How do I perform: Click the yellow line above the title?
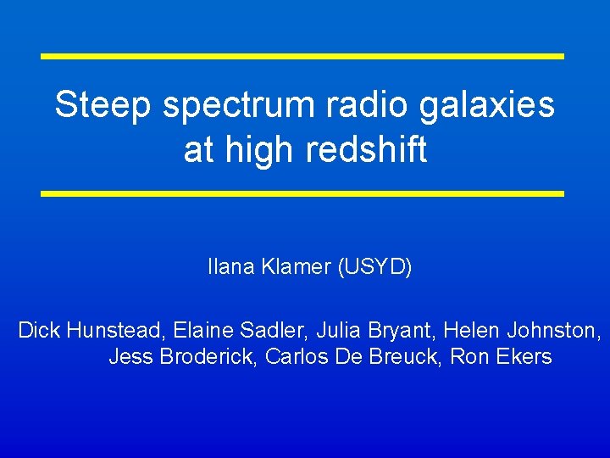302,56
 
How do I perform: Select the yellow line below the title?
302,193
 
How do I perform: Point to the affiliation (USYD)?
375,268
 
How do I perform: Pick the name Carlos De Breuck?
353,357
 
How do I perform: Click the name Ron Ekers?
501,357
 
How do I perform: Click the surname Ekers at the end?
522,357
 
